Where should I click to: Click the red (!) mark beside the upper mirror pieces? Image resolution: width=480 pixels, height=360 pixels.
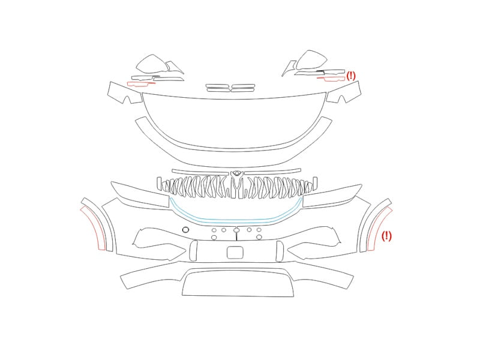tap(351, 76)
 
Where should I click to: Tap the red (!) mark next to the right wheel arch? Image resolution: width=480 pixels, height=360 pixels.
tap(386, 236)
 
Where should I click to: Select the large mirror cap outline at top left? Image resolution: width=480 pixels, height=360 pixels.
tap(152, 64)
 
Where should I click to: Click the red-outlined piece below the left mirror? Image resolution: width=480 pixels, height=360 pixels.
tap(141, 83)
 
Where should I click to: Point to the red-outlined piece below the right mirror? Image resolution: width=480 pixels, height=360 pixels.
tap(332, 79)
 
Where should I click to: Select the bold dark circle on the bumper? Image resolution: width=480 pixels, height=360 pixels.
tap(185, 230)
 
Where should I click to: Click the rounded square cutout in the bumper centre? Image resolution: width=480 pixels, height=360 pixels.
tap(235, 253)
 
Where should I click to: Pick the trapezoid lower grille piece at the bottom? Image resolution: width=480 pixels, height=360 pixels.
tap(238, 282)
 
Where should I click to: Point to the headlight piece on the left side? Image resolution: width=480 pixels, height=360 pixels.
tap(140, 194)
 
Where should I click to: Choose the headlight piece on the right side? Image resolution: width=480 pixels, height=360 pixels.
tap(333, 196)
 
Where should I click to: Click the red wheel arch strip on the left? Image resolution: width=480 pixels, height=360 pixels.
tap(93, 227)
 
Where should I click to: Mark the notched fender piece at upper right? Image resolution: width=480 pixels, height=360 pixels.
tap(344, 92)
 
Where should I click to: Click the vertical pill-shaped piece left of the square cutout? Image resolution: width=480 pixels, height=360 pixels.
tap(193, 251)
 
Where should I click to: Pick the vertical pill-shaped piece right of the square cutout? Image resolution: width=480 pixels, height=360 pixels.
tap(280, 251)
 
